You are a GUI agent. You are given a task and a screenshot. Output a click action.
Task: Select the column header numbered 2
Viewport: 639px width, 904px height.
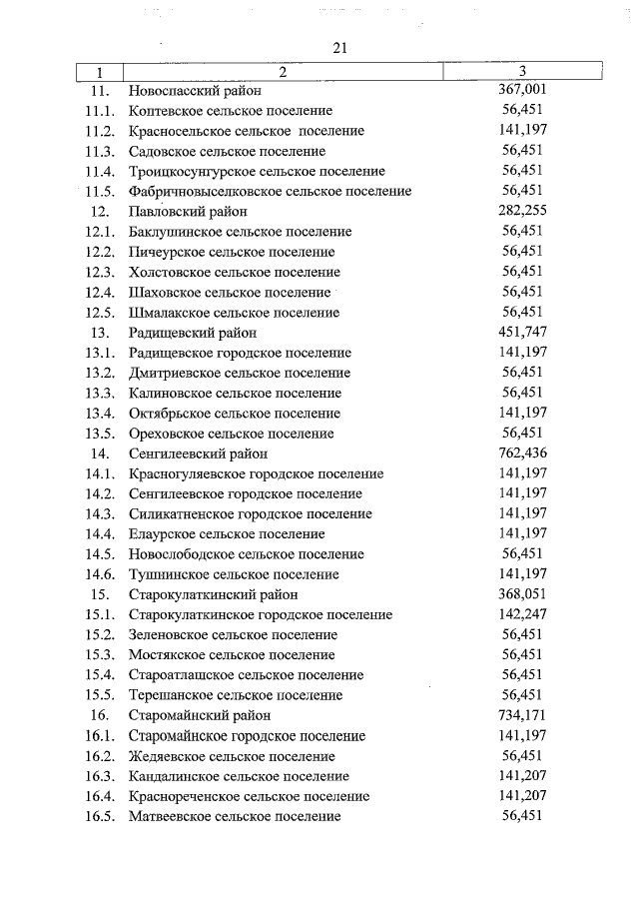pyautogui.click(x=283, y=71)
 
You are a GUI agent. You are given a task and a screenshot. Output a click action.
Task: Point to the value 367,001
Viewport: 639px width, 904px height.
pyautogui.click(x=522, y=90)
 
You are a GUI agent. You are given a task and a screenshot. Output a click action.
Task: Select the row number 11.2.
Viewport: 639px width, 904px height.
pyautogui.click(x=100, y=131)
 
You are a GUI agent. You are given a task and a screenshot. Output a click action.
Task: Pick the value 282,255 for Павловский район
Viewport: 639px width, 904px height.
pyautogui.click(x=522, y=211)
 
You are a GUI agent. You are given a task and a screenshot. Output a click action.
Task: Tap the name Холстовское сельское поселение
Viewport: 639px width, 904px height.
pyautogui.click(x=234, y=272)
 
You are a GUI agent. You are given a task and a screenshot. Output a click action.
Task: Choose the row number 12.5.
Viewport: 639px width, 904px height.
pyautogui.click(x=100, y=313)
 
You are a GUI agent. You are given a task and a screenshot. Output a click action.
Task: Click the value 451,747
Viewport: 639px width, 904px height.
pyautogui.click(x=522, y=332)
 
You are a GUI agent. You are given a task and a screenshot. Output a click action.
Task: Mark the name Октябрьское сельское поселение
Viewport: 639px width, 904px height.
pyautogui.click(x=235, y=414)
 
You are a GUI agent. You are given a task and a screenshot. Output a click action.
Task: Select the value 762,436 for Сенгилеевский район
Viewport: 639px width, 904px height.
pyautogui.click(x=522, y=452)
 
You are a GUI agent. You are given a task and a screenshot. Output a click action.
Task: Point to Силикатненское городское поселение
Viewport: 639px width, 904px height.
pyautogui.click(x=250, y=513)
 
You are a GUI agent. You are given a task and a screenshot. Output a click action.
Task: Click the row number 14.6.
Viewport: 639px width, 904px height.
pyautogui.click(x=100, y=574)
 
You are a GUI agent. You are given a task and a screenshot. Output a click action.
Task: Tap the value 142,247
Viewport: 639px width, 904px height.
pyautogui.click(x=522, y=614)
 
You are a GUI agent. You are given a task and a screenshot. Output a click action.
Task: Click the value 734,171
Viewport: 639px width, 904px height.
pyautogui.click(x=522, y=715)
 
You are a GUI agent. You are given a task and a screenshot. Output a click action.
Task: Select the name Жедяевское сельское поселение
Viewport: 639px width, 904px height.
pyautogui.click(x=232, y=756)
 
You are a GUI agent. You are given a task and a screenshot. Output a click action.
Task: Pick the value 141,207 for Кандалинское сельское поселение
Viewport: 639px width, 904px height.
pyautogui.click(x=522, y=775)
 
